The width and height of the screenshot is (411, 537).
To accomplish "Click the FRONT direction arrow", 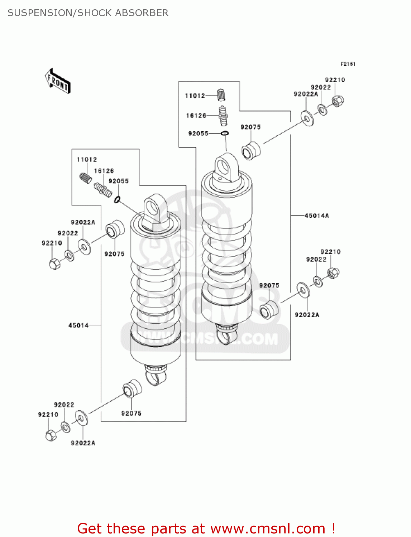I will (58, 81).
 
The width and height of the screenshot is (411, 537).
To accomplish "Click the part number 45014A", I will (316, 216).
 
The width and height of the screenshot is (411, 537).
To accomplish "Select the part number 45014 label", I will (78, 325).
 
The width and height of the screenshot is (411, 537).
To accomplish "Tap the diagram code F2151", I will (348, 64).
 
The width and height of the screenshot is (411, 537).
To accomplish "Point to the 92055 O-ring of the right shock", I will (225, 134).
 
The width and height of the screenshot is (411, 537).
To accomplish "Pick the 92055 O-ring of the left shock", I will (117, 199).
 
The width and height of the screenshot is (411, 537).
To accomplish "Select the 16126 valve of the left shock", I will (103, 189).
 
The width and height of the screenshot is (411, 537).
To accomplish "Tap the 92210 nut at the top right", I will (337, 101).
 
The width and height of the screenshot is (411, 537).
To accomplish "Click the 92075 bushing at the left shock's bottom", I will (132, 389).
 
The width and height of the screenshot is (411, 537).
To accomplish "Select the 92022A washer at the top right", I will (307, 118).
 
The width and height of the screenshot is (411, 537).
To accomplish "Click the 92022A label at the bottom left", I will (83, 443).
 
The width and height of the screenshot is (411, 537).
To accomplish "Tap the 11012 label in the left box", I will (87, 159).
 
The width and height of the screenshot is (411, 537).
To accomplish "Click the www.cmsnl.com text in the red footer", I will (267, 528).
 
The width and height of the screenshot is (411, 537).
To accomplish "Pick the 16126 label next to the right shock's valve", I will (196, 116).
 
